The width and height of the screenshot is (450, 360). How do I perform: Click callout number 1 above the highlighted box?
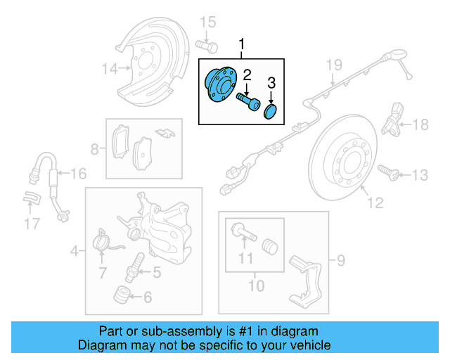(243, 46)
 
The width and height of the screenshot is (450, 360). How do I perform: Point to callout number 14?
(109, 69)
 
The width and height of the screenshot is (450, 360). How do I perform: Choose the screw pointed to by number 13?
(387, 171)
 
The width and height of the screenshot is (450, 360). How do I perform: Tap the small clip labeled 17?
(32, 198)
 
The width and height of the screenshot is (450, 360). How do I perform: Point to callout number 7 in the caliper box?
(103, 273)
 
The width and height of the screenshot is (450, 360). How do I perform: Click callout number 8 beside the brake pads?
(95, 149)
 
